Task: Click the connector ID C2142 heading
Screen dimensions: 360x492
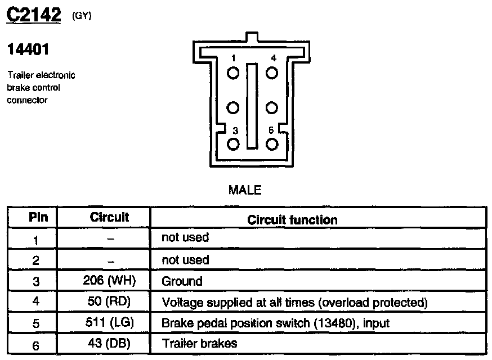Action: click(x=33, y=15)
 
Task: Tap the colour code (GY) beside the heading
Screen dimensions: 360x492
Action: click(x=82, y=16)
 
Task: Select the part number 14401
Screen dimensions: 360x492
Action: click(x=28, y=50)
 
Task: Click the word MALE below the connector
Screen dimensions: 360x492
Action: click(x=245, y=190)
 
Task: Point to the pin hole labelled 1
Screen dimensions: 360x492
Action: click(x=234, y=73)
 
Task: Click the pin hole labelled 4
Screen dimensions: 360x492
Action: click(x=272, y=73)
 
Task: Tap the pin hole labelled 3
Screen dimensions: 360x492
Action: click(x=234, y=143)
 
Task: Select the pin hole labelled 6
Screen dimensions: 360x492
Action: click(x=272, y=143)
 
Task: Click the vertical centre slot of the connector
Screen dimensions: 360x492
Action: click(x=253, y=107)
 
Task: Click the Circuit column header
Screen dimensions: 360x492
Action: click(x=109, y=217)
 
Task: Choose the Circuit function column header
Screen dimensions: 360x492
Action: click(x=292, y=219)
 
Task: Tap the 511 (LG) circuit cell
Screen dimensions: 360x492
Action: click(x=109, y=323)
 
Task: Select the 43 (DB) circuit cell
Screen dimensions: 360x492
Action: click(x=109, y=344)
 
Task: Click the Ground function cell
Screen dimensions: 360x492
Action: click(x=182, y=281)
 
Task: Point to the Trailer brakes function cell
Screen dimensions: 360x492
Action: click(x=199, y=344)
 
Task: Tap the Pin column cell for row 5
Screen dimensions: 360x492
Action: click(x=35, y=323)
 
